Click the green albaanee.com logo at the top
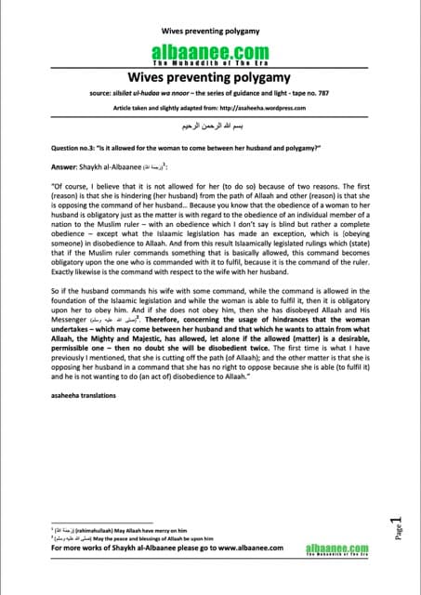[210, 54]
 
